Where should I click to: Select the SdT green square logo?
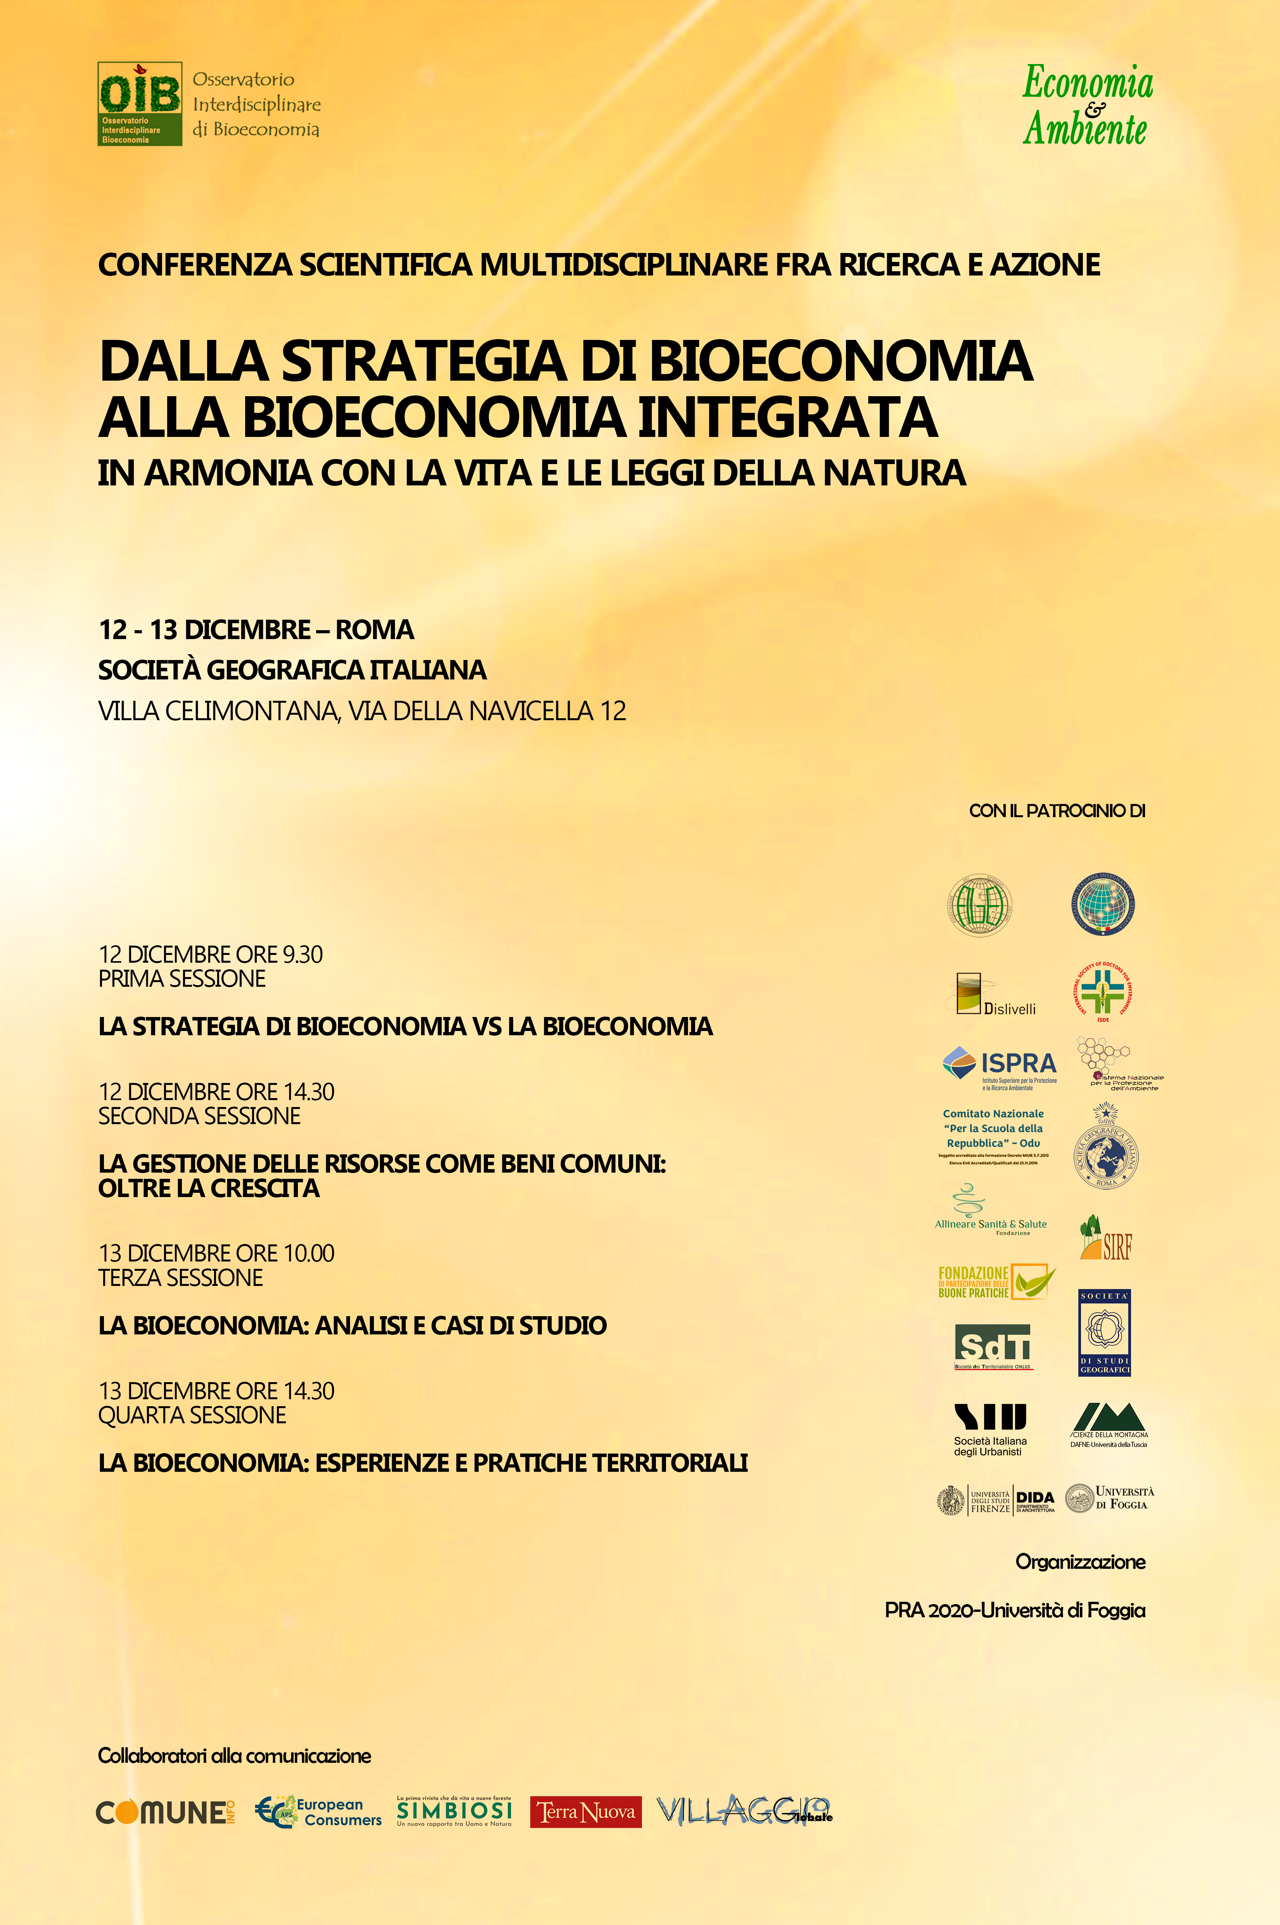click(x=993, y=1344)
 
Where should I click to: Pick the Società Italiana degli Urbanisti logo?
click(x=990, y=1429)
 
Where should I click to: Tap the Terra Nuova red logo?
click(x=585, y=1811)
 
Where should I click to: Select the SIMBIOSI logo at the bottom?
click(x=454, y=1811)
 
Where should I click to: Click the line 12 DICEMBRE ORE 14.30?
click(x=216, y=1092)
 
